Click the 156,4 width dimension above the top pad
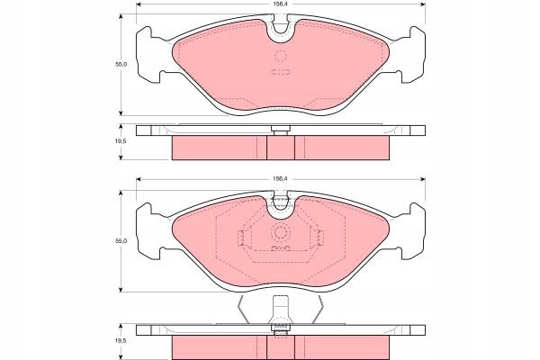tap(280, 4)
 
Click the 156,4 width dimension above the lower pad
tap(280, 179)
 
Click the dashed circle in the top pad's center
tap(281, 56)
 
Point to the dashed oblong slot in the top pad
tap(281, 72)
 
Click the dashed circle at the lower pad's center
tap(281, 233)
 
